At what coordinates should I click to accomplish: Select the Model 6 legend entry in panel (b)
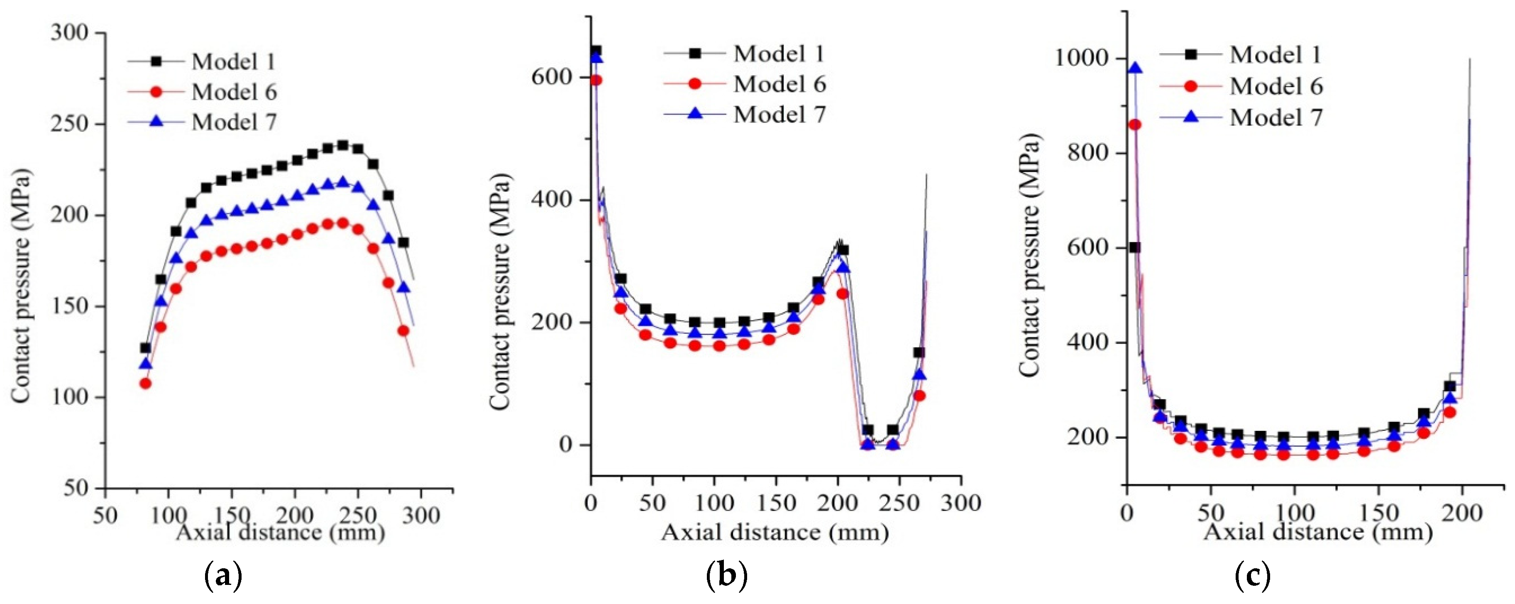pos(779,84)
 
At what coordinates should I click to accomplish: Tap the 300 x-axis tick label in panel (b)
pos(960,504)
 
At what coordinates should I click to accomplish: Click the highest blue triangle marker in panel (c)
pos(1136,68)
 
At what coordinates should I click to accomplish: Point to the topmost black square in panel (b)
pos(596,51)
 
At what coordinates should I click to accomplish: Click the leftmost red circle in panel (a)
pos(145,384)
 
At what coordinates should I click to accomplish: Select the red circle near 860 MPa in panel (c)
pos(1135,125)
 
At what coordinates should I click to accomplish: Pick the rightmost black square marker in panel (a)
pos(403,242)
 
